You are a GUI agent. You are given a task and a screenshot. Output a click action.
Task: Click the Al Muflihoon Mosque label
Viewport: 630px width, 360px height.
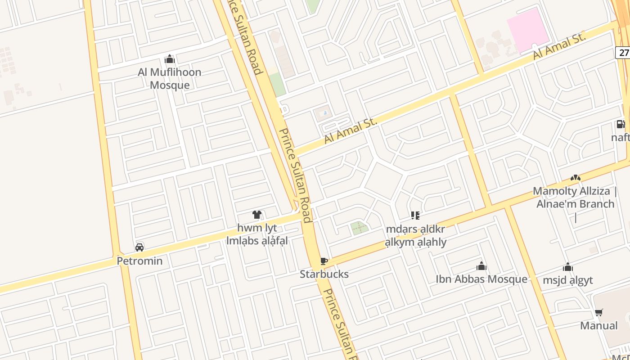pos(169,79)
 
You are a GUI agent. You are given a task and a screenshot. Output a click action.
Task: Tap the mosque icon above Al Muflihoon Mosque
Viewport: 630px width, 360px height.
pos(170,59)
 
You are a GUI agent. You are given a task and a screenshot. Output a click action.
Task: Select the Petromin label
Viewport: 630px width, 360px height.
pos(139,261)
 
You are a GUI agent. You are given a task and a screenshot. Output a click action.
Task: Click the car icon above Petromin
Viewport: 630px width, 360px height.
pos(139,247)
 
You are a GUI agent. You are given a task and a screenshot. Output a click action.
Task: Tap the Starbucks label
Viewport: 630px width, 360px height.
pos(324,274)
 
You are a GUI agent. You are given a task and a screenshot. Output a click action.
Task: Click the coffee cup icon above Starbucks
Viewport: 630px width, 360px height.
pos(324,261)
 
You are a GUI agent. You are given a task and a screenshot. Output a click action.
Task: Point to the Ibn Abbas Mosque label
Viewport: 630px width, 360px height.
pos(481,279)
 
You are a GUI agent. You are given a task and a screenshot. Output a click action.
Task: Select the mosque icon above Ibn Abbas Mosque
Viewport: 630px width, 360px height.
pos(481,266)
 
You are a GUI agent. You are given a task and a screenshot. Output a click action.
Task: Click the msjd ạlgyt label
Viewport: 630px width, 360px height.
pos(567,280)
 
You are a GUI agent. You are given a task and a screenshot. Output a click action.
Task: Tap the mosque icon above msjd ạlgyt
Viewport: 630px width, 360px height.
pos(568,267)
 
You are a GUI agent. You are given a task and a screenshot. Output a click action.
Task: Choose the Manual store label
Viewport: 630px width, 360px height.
pos(598,325)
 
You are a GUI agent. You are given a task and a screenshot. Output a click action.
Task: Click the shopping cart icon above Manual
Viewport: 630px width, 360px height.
pos(598,313)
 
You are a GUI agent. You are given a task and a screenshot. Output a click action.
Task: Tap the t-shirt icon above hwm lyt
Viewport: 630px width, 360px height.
pos(257,215)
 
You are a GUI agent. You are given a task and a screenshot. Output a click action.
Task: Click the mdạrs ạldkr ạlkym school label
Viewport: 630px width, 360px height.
pos(415,235)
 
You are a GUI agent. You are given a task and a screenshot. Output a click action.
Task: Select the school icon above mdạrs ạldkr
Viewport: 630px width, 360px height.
pos(415,216)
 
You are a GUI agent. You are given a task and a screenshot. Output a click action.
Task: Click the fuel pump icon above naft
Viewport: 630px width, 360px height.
pos(620,124)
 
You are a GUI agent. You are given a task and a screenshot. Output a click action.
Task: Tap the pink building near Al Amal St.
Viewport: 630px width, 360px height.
pos(528,30)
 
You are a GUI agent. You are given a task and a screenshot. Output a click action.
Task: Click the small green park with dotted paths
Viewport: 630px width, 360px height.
pos(359,228)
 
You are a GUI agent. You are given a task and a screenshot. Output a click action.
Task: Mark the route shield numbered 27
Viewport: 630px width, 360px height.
pos(623,52)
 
